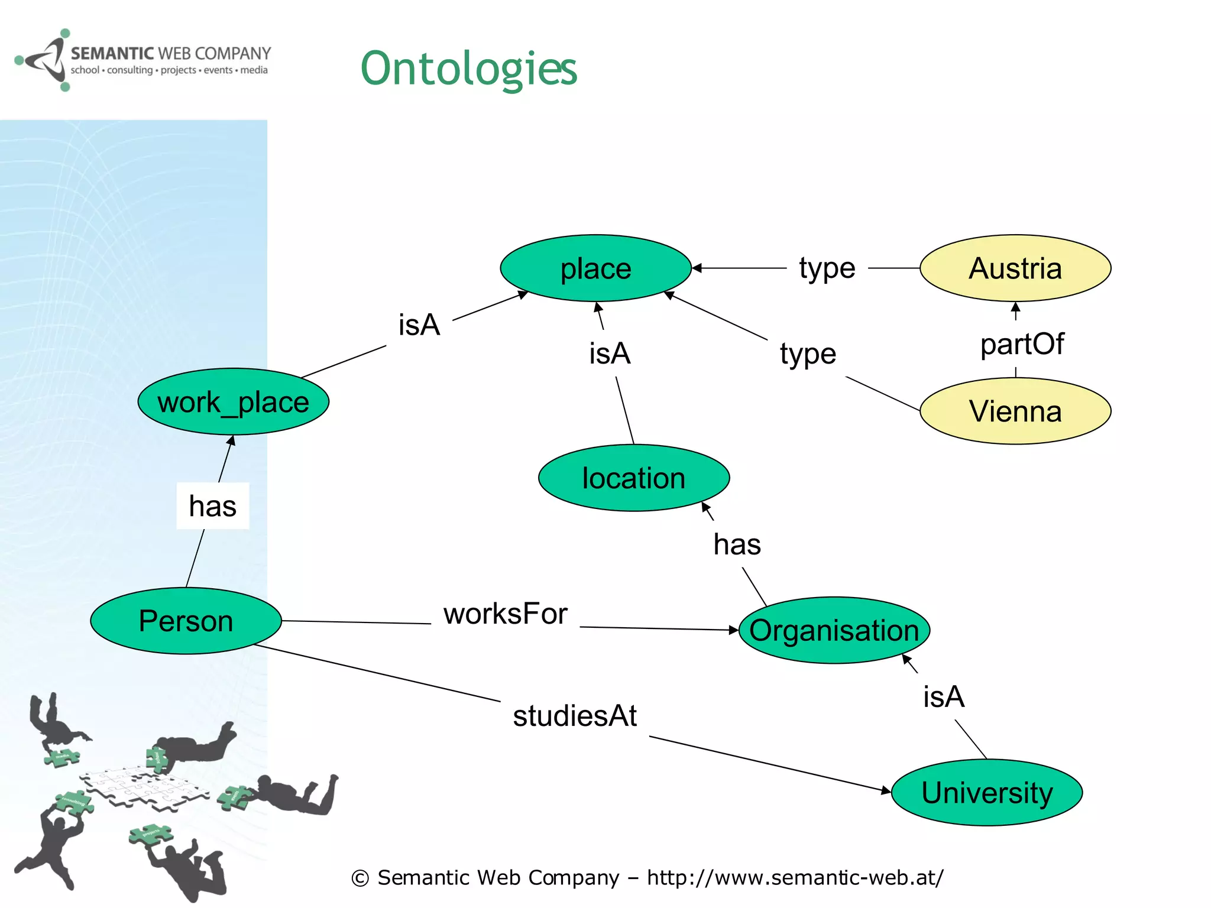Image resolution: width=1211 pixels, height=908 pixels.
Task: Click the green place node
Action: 595,268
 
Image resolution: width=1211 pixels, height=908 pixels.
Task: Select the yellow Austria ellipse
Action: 1015,268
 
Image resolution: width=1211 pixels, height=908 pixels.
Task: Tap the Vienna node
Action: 1015,411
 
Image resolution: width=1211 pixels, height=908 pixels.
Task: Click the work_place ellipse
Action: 233,402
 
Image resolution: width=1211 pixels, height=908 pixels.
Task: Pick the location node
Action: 633,478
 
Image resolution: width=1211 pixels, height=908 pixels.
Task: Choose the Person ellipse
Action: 186,621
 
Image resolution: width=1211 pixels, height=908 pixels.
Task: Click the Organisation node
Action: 834,630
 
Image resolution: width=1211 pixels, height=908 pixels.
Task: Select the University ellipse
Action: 986,792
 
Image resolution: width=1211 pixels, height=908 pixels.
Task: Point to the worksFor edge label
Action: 505,614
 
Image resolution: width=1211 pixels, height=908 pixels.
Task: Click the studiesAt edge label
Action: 574,716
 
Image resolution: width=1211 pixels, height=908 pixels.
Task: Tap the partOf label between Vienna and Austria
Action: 1022,344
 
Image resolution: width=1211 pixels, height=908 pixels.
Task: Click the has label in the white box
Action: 213,506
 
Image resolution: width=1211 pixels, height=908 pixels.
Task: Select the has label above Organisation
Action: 737,544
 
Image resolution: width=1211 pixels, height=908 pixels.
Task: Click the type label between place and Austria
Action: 827,268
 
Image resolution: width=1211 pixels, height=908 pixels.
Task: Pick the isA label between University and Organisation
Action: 944,696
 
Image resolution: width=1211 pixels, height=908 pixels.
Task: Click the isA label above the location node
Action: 610,354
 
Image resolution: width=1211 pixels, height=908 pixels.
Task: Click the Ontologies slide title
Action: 468,69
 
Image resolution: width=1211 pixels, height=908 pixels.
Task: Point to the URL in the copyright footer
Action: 795,877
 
